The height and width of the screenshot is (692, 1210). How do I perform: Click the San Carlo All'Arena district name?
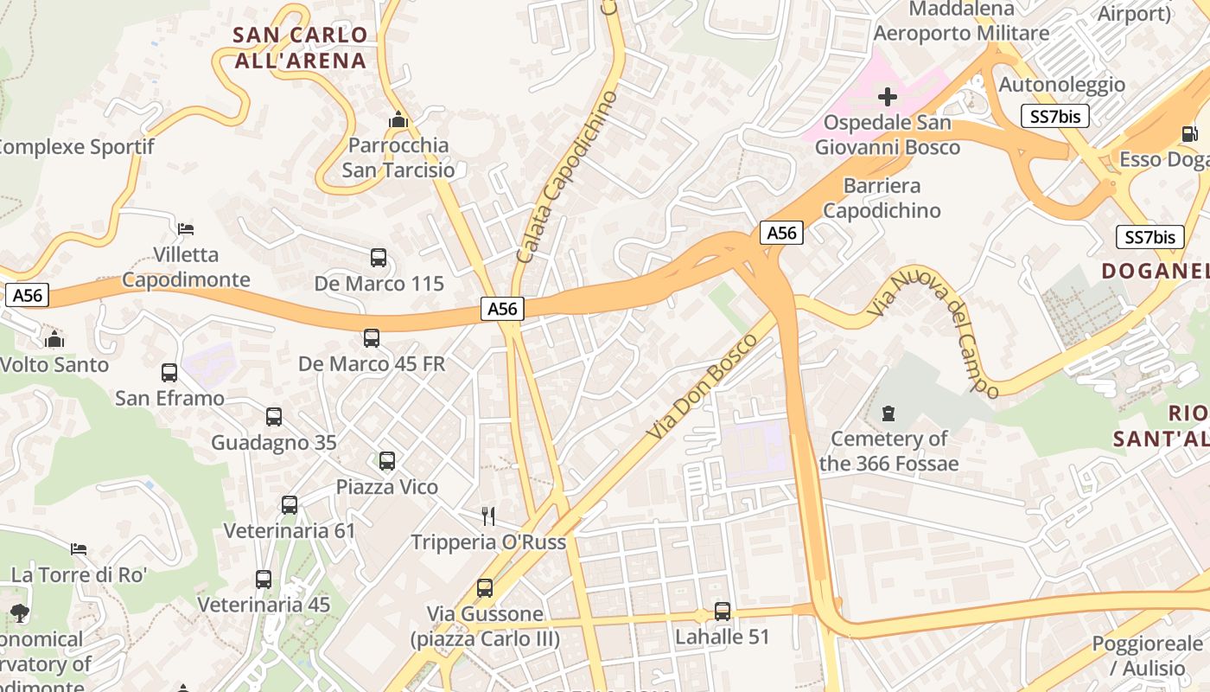point(301,48)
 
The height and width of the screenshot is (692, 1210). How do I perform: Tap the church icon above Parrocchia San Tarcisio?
point(398,120)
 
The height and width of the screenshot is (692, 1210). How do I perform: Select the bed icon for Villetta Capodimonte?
point(186,229)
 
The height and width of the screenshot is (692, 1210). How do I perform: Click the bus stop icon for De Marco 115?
point(379,258)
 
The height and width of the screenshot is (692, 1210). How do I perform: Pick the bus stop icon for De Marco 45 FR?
point(372,338)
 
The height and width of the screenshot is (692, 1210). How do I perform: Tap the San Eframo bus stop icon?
point(169,373)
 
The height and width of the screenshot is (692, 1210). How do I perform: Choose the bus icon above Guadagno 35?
point(274,417)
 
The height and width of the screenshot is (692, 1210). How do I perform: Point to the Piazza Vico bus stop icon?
point(387,461)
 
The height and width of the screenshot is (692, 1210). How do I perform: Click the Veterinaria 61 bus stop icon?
point(290,505)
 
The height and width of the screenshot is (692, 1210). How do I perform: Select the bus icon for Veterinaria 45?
point(264,580)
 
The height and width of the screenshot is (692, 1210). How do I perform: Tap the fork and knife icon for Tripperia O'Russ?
point(488,516)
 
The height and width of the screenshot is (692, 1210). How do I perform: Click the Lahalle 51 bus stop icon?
point(723,612)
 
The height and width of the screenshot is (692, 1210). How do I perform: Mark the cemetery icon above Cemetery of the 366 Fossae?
point(888,413)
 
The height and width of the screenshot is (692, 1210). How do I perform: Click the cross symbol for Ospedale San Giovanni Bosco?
point(888,97)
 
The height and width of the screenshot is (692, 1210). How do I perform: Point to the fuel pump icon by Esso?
point(1190,134)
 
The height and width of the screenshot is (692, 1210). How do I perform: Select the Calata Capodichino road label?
point(567,176)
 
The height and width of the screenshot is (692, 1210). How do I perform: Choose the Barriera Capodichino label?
point(882,198)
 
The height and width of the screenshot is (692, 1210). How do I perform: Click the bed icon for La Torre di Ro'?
point(79,548)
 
